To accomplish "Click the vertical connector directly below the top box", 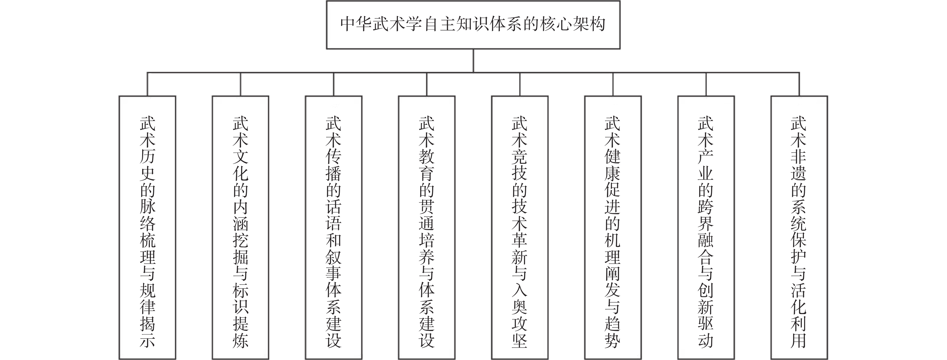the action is [x=473, y=61].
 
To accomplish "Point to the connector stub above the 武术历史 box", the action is [x=147, y=84].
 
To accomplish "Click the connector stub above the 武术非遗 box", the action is [x=799, y=84].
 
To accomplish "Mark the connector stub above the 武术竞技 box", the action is [x=520, y=84].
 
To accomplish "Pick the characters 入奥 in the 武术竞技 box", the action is [x=520, y=299].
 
